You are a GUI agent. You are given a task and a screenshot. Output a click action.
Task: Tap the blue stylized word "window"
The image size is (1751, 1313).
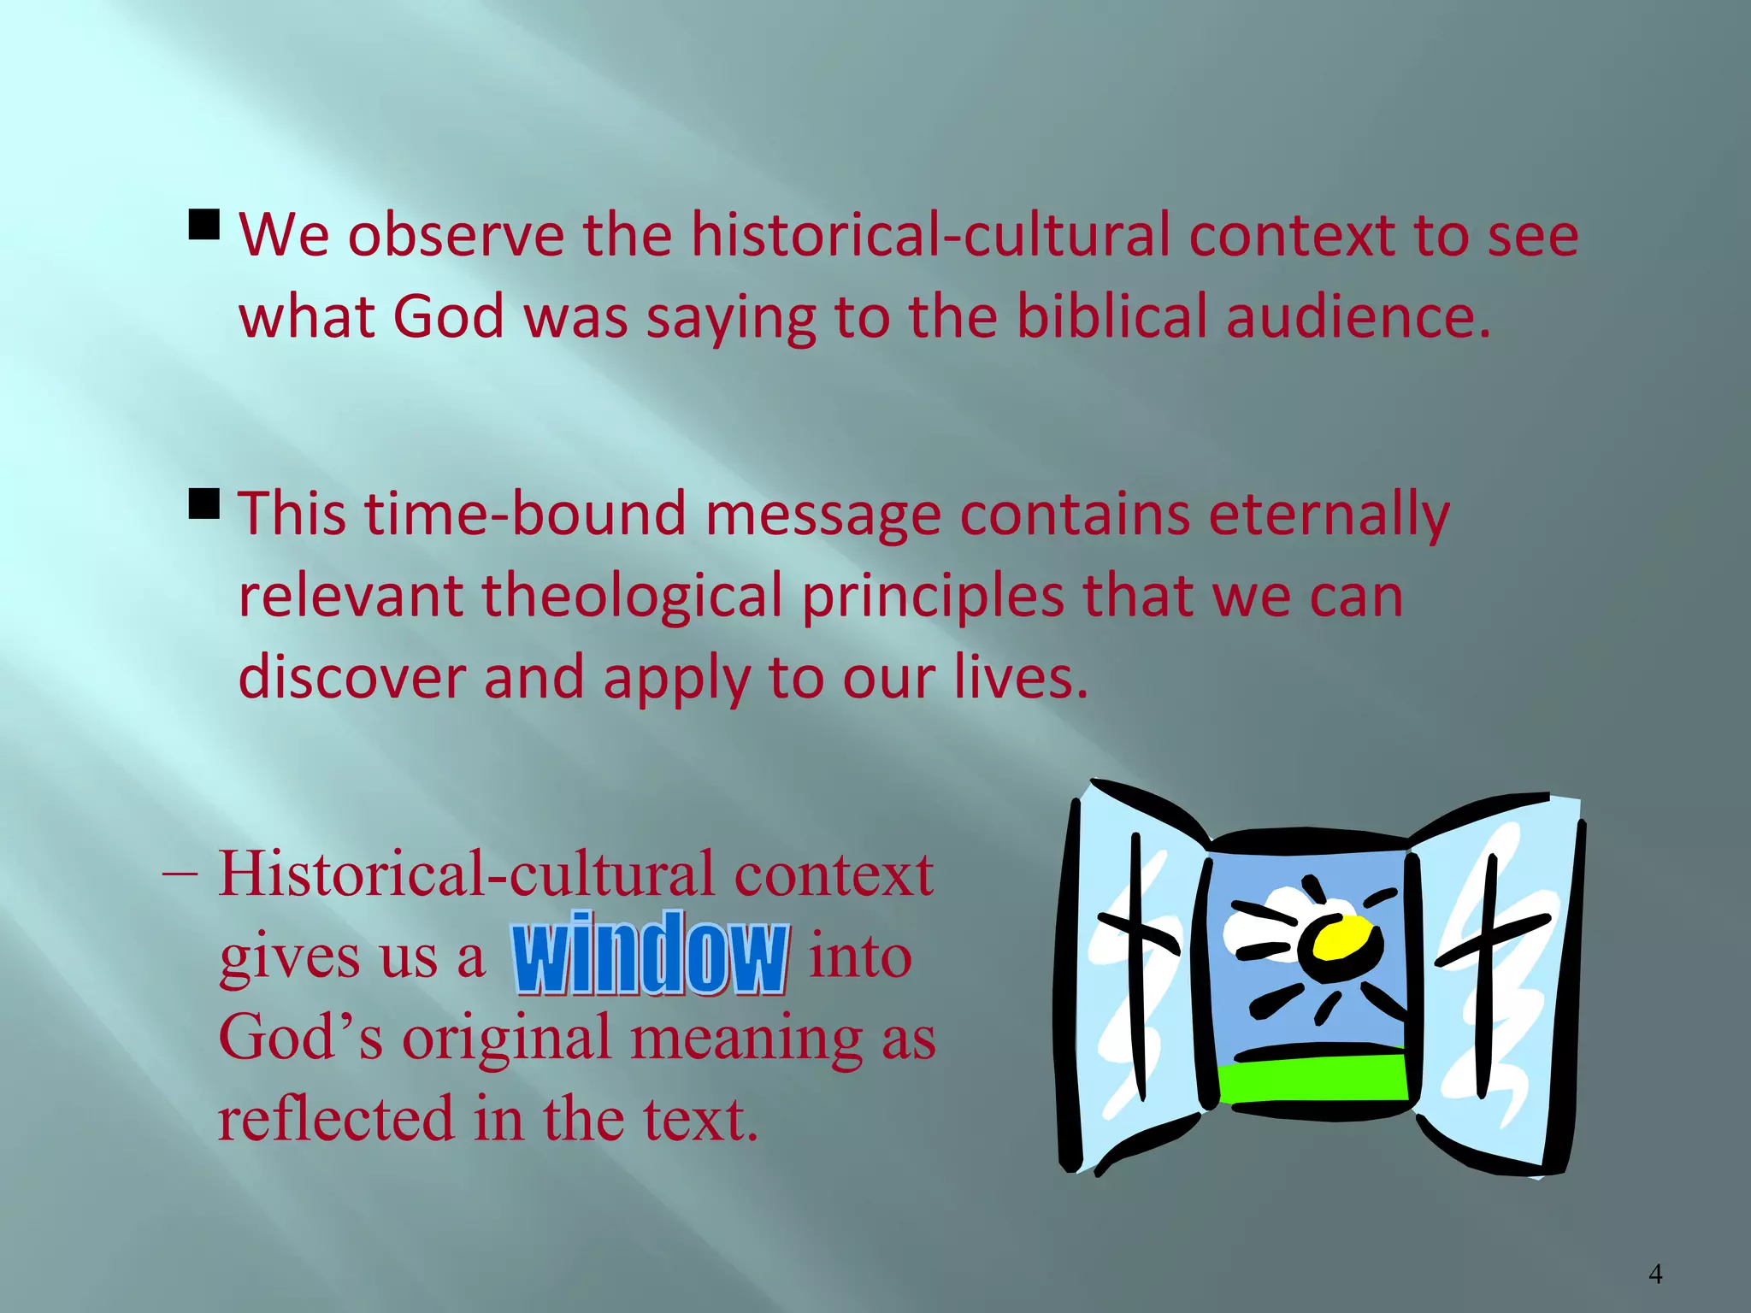650,954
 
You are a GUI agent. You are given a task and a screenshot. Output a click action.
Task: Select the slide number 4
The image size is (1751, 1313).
1655,1275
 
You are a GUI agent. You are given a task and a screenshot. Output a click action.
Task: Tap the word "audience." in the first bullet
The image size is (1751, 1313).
1359,317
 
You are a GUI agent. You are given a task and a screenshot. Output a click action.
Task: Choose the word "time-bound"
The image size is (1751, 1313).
526,514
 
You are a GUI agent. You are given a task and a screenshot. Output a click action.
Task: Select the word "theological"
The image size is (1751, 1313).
632,596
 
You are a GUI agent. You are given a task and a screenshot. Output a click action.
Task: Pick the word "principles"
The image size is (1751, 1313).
933,598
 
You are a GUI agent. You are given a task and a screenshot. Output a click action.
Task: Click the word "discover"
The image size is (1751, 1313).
351,677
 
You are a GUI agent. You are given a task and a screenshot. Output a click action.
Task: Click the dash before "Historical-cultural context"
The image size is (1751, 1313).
180,875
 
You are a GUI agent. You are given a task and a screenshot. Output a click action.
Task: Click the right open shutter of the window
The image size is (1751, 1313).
1496,983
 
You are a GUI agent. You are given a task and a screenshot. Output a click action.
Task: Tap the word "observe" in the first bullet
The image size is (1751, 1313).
456,235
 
